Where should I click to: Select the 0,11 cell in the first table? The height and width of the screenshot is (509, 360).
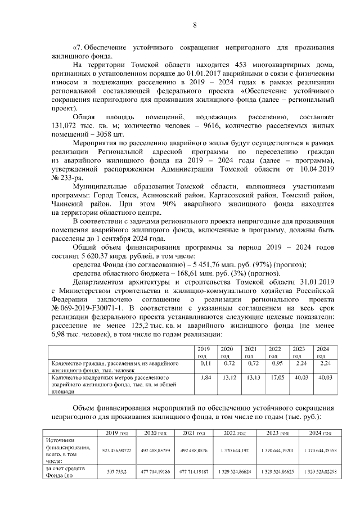(x=205, y=363)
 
